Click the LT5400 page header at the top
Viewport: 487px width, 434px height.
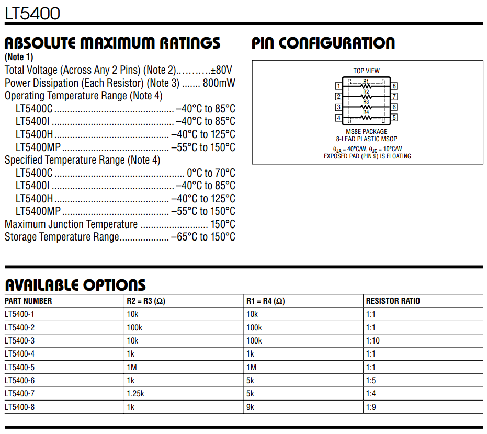tap(32, 13)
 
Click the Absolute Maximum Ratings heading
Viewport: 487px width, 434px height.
tap(112, 43)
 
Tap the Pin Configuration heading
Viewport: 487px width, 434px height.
tap(323, 43)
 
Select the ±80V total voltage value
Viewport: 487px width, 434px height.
tap(221, 70)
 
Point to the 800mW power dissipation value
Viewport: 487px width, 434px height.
tap(219, 83)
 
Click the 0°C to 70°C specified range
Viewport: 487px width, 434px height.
tap(212, 173)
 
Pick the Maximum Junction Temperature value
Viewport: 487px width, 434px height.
tap(223, 224)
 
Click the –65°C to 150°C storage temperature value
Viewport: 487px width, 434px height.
tap(203, 237)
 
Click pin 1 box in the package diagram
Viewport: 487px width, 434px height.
tap(339, 86)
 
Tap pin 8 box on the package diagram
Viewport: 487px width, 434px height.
tap(394, 86)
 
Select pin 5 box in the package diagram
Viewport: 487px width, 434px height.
tap(394, 118)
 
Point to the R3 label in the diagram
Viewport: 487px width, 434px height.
tap(366, 102)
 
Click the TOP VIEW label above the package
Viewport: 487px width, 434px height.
tap(366, 71)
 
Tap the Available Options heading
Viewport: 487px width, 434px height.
tap(75, 285)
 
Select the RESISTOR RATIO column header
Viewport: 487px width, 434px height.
tap(393, 301)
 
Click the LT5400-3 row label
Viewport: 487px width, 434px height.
tap(20, 341)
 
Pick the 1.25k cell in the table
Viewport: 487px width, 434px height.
tap(135, 394)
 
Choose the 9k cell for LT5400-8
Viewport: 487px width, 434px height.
tap(250, 407)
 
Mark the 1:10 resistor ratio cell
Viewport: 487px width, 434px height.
tap(373, 341)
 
